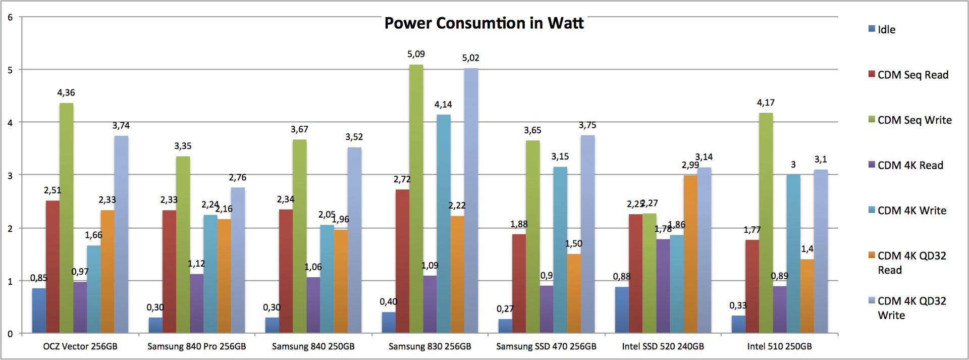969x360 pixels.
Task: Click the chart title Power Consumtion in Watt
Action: tap(484, 23)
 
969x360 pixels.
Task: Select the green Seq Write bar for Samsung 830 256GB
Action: tap(416, 199)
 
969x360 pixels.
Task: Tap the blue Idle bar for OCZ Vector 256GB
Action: tap(39, 311)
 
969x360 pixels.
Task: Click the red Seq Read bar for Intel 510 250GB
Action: tap(752, 286)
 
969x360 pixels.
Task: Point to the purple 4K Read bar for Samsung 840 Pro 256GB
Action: tap(196, 303)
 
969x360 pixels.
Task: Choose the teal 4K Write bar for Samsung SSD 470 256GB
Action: tap(560, 250)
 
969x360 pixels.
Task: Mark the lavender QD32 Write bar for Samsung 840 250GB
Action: tap(354, 240)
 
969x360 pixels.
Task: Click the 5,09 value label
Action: tap(416, 54)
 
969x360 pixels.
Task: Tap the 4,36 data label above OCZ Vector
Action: tap(66, 93)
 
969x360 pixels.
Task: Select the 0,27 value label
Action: tap(505, 309)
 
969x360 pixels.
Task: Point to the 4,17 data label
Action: tap(766, 103)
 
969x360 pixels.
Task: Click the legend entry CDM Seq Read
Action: tap(912, 75)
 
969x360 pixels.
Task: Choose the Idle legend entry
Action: tap(886, 30)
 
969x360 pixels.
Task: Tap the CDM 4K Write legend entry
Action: tap(911, 211)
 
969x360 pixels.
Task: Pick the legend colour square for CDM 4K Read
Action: tap(872, 165)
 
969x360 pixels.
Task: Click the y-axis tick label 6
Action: tap(10, 18)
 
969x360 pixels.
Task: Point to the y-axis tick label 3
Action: tap(10, 176)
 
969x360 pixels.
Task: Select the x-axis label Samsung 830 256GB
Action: tap(429, 346)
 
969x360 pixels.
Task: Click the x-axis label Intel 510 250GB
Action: tap(779, 346)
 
